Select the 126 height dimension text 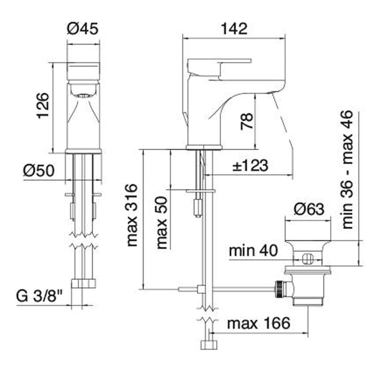(x=43, y=106)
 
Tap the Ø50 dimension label (x=39, y=171)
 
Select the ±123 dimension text (x=250, y=166)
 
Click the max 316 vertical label (x=132, y=216)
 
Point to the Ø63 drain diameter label (x=309, y=209)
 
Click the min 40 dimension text (x=253, y=250)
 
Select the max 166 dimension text (x=259, y=323)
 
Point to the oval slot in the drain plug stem (x=308, y=259)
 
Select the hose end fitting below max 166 (x=209, y=345)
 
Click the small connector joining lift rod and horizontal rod (x=201, y=289)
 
